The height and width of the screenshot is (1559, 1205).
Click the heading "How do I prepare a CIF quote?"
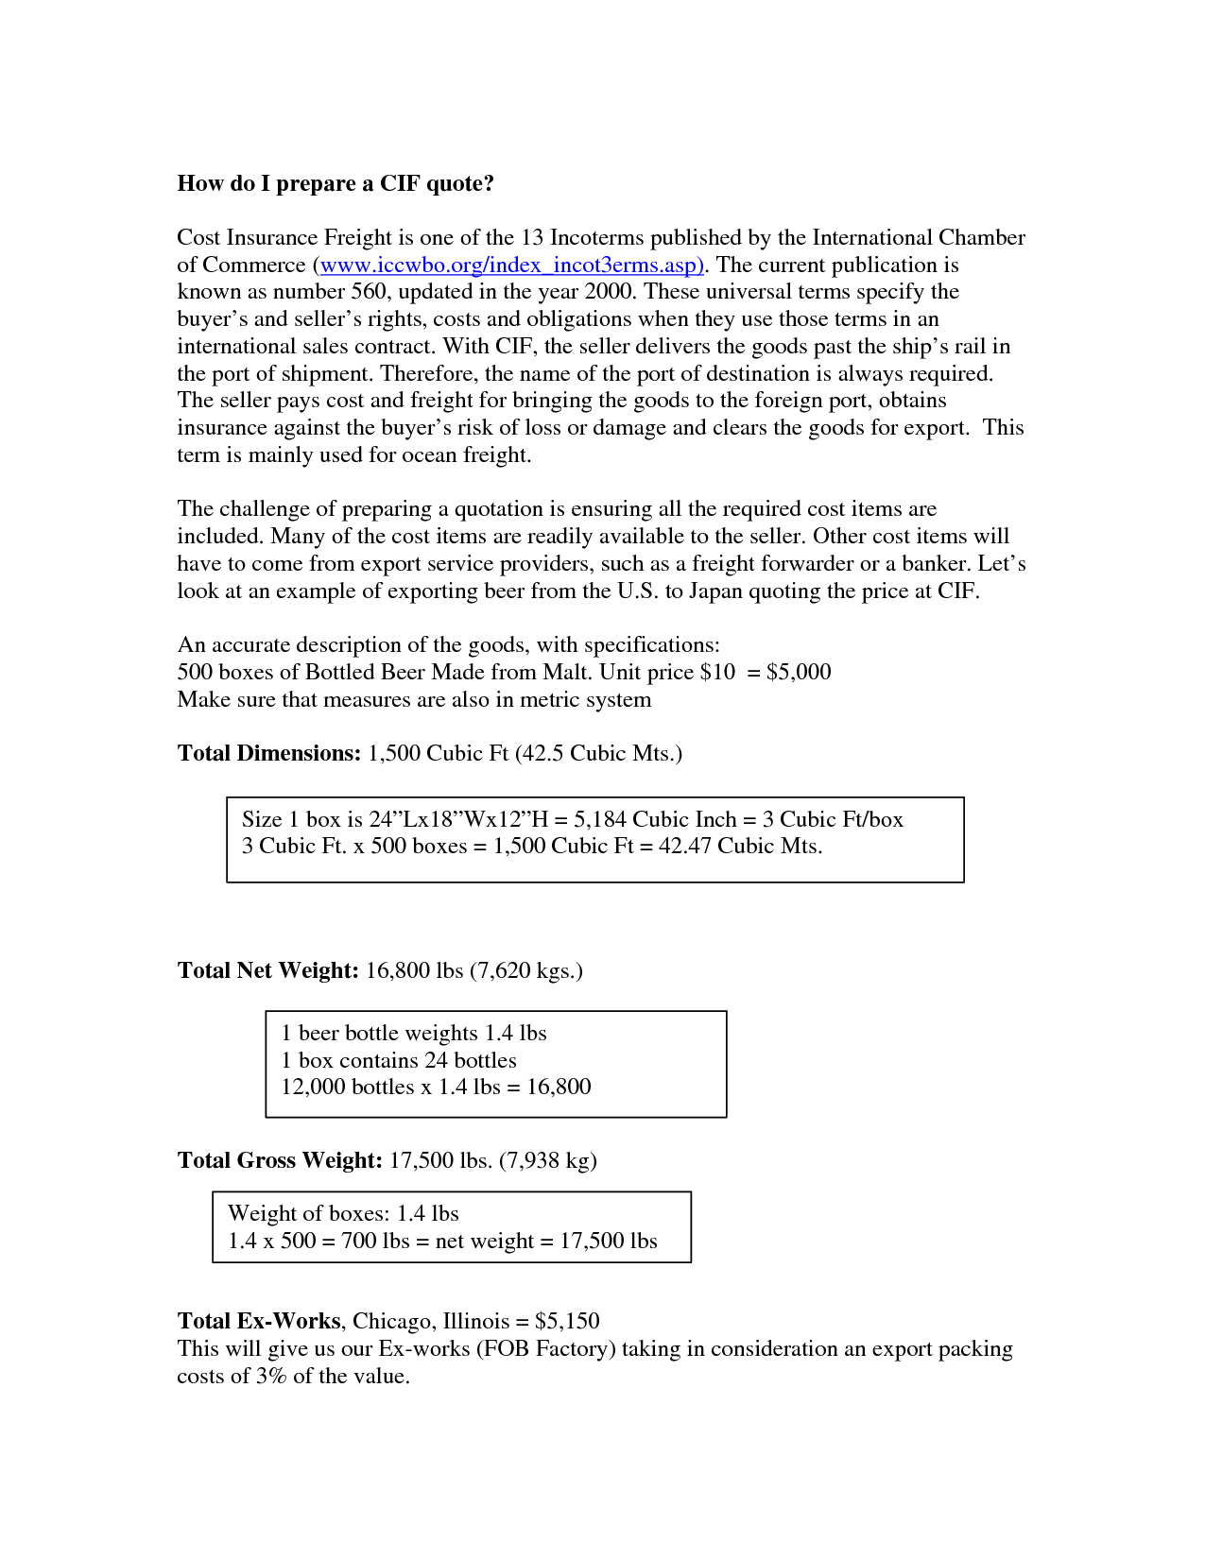coord(336,183)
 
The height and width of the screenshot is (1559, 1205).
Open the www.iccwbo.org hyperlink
coord(510,265)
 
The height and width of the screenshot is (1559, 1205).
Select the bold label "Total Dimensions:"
coord(269,753)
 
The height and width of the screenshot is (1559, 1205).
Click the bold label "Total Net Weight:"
coord(268,970)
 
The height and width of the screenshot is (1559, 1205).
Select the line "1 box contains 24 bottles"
coord(399,1060)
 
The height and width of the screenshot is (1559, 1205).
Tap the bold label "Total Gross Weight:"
coord(280,1160)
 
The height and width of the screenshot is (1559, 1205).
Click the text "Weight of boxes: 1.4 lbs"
coord(343,1213)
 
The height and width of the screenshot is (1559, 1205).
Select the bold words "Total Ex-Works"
coord(259,1321)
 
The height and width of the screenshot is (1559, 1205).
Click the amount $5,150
coord(567,1321)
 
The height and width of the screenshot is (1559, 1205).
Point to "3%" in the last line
coord(271,1376)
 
